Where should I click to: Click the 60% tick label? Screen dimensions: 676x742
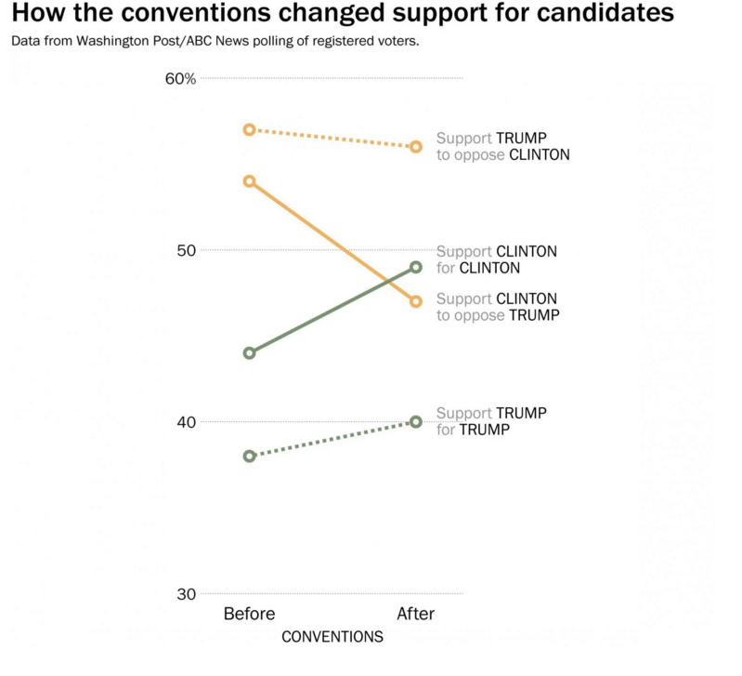(x=180, y=79)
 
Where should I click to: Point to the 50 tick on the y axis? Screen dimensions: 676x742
(x=185, y=250)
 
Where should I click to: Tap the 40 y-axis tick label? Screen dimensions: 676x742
(x=185, y=422)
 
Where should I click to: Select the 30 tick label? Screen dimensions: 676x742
(x=185, y=594)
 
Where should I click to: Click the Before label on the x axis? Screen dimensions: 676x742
(x=249, y=614)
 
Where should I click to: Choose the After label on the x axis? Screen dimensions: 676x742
(x=415, y=614)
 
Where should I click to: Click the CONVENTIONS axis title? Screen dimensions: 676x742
(x=332, y=637)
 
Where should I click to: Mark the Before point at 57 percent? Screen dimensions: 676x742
(x=249, y=129)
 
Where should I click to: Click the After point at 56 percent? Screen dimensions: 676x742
(x=416, y=147)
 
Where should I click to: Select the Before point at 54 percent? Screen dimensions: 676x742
(x=249, y=181)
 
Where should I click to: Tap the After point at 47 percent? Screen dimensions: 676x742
(x=416, y=301)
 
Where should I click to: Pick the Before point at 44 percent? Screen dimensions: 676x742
(x=249, y=353)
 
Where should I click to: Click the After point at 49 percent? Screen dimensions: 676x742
(x=416, y=267)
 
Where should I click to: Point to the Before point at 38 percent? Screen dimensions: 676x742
(x=249, y=456)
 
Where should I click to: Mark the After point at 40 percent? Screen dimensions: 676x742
(x=416, y=421)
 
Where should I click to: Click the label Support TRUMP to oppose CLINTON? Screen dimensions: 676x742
(x=502, y=146)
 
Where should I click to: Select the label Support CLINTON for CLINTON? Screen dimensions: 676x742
(x=497, y=259)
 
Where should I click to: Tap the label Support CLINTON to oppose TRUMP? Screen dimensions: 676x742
(x=498, y=307)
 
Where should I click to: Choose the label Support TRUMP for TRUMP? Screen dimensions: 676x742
(x=492, y=421)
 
